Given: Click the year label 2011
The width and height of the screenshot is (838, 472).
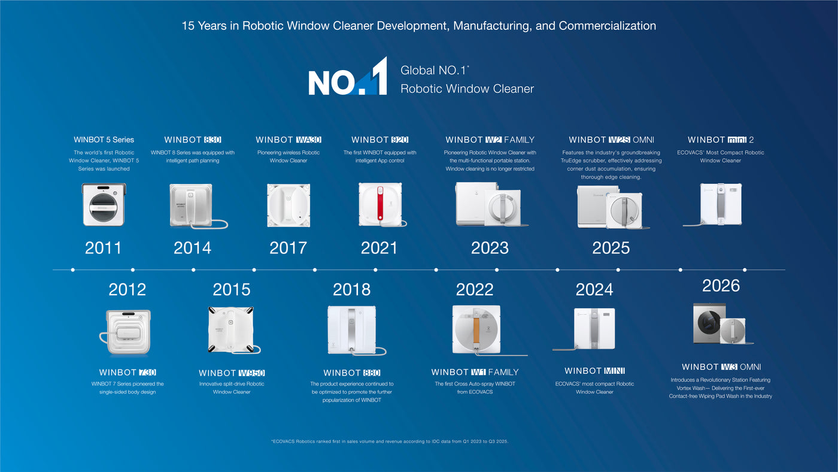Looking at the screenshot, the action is click(103, 248).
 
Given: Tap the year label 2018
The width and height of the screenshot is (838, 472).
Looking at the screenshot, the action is click(352, 289).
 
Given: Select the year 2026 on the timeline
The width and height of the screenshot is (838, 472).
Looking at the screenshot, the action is click(721, 286).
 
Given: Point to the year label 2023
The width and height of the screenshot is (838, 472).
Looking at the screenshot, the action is click(490, 248).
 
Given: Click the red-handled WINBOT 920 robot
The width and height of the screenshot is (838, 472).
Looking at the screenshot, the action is click(381, 204).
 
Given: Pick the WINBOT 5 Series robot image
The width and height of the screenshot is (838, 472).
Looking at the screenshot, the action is click(104, 205).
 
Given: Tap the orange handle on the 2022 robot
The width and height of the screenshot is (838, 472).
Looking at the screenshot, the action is click(476, 330).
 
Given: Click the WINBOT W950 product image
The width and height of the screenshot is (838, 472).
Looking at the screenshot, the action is click(232, 330).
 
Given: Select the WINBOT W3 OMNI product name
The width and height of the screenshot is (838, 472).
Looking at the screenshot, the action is click(721, 367).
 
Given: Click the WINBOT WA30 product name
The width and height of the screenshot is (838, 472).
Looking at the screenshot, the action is click(289, 140).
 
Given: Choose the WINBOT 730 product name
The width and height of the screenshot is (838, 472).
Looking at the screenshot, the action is click(127, 373).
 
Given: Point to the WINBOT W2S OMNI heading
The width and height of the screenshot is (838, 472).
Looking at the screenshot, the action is click(611, 140).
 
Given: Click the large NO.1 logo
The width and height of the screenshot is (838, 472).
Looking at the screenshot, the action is click(348, 77).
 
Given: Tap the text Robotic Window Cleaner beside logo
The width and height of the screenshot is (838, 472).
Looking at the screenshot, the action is click(467, 89).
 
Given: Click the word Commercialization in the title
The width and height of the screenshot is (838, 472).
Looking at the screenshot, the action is click(607, 25).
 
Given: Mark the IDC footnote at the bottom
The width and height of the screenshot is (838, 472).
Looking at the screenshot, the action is click(390, 441).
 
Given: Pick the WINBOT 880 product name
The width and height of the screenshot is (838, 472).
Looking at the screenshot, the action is click(352, 373).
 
